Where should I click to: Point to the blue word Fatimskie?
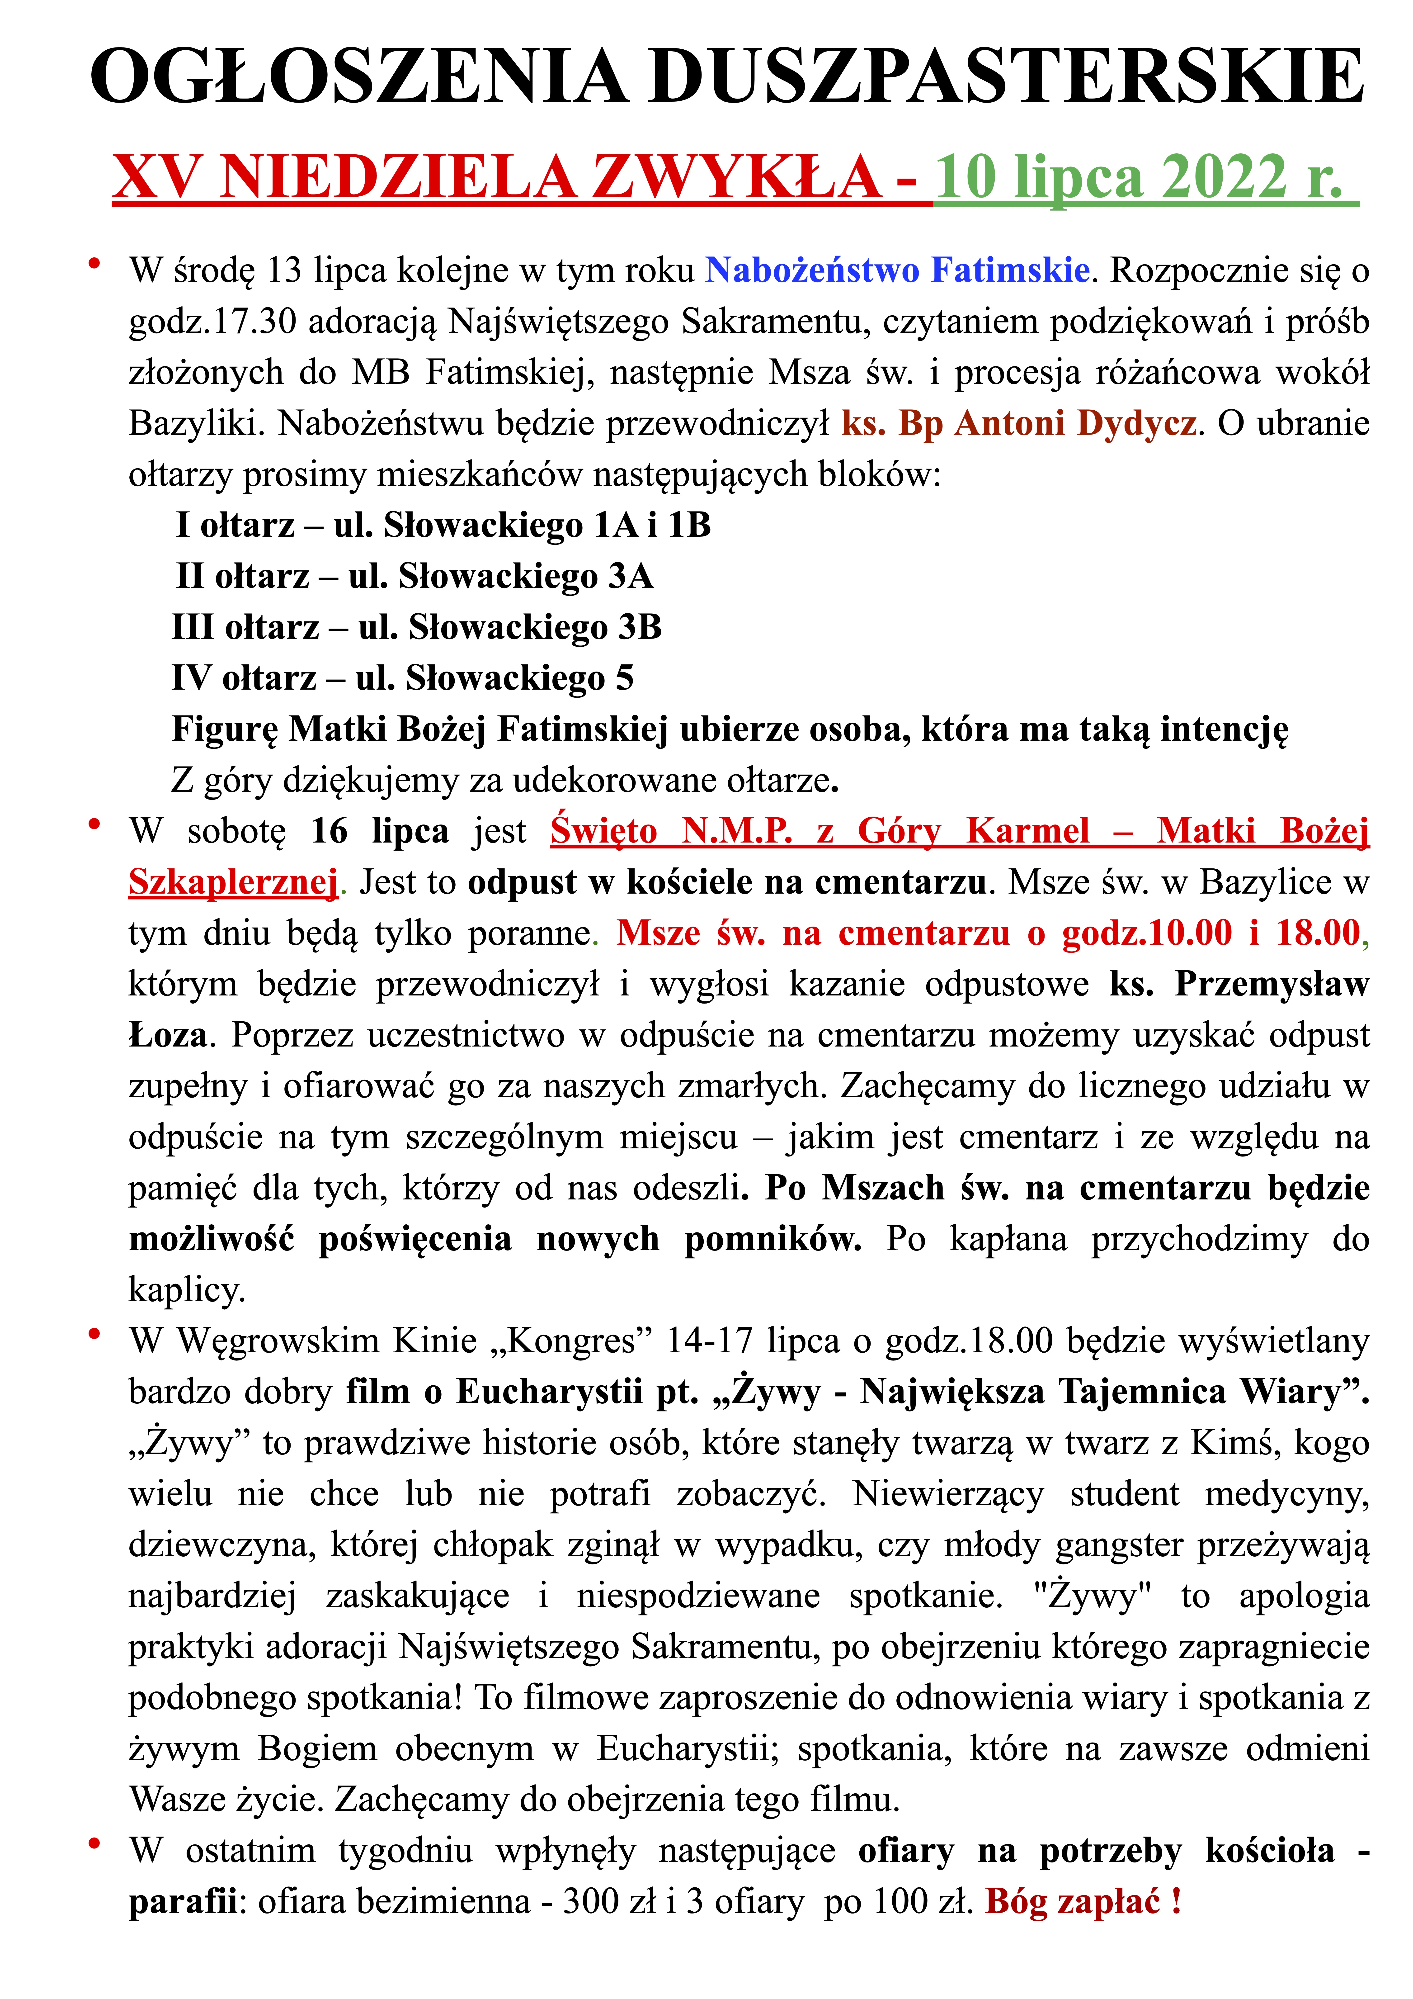(1010, 271)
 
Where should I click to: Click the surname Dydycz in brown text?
(1136, 424)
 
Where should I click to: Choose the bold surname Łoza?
(168, 1035)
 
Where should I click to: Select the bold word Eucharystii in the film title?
(548, 1392)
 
